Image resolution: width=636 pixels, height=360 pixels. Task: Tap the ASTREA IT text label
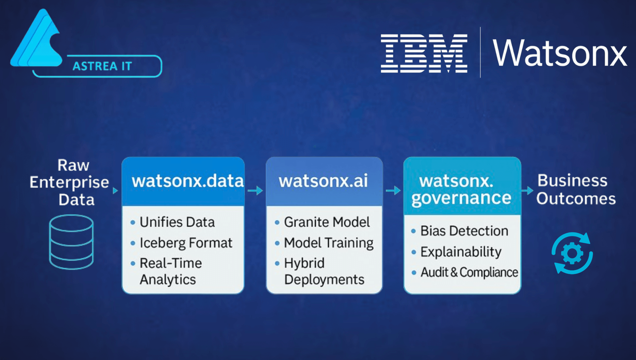coord(102,66)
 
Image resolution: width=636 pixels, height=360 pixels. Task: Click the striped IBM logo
coord(424,53)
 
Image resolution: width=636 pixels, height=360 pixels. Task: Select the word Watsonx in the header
coord(560,53)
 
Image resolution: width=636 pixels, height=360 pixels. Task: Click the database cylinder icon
coord(71,242)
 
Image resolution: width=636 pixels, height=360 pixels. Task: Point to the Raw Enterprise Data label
coord(70,182)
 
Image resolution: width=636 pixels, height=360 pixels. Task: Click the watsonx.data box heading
coord(188,181)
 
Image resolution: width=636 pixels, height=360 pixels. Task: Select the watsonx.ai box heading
coord(323,181)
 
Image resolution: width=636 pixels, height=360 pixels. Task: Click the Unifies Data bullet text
coord(177,222)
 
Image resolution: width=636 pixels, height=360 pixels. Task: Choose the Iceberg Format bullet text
coord(186,243)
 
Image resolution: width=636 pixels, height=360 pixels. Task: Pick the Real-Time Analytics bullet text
coord(170,271)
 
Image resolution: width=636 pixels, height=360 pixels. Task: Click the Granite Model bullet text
coord(327,222)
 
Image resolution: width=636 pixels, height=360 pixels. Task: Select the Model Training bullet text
coord(328,243)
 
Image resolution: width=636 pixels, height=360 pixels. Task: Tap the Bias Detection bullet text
coord(464,231)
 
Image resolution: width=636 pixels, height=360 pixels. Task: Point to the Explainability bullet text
coord(461,252)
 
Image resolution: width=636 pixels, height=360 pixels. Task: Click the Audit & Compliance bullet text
coord(469,272)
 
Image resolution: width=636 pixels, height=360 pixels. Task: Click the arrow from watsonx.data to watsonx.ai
coord(255,191)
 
